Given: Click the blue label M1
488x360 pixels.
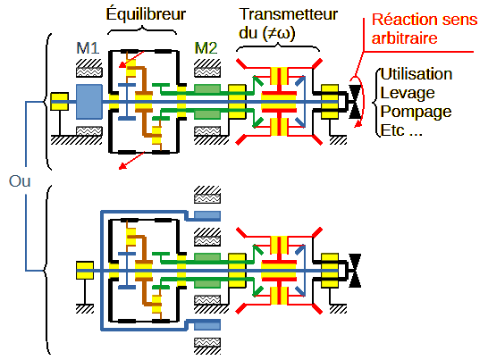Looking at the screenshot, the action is click(88, 48).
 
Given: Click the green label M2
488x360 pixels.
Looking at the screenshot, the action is click(206, 48).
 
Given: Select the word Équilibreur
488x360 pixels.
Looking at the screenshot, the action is click(146, 14).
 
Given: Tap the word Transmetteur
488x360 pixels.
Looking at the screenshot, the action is click(289, 14).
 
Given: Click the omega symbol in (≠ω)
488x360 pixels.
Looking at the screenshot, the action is click(282, 34).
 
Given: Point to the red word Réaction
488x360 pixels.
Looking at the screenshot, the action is click(398, 20).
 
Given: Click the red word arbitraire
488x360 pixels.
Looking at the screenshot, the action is click(405, 38).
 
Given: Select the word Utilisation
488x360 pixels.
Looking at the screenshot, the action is click(416, 74).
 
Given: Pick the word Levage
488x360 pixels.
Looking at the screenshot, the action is click(408, 94).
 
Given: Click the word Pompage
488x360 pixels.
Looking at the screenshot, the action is click(416, 113).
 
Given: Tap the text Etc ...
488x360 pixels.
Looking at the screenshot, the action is click(392, 130).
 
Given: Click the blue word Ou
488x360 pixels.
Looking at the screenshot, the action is click(20, 181).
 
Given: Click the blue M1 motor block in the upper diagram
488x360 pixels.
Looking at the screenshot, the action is click(89, 102).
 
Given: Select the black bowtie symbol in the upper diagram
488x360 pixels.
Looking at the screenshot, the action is click(355, 102).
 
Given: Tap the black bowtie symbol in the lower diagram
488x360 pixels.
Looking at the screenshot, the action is click(355, 271).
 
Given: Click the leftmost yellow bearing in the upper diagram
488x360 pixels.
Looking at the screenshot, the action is click(60, 101).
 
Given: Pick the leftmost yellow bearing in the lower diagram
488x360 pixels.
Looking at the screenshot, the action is click(85, 270).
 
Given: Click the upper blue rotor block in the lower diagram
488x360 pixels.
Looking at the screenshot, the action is click(207, 215).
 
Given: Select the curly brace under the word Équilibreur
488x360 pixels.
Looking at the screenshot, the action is click(142, 31).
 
